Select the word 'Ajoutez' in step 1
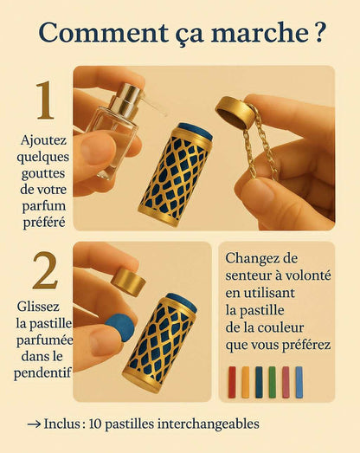click(x=41, y=139)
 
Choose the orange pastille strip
click(x=245, y=381)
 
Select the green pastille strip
click(x=272, y=381)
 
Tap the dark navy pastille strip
click(x=259, y=381)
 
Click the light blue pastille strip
click(x=299, y=381)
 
